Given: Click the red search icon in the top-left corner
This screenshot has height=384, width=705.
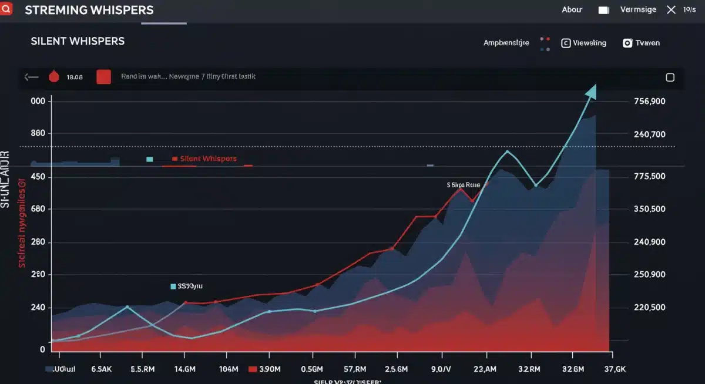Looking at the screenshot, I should [6, 8].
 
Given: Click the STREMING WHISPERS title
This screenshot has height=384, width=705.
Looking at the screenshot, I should [89, 11].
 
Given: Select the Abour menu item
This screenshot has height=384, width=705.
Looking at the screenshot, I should [572, 10].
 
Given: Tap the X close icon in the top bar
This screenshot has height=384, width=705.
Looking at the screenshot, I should [672, 10].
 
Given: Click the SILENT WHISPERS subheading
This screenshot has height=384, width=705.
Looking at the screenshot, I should [78, 41].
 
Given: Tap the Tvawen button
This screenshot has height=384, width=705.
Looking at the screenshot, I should [641, 43].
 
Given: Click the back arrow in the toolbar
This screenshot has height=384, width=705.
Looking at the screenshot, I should [31, 77].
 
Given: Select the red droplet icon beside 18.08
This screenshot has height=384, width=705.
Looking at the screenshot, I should [54, 77].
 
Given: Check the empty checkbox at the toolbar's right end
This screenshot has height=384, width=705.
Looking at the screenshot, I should [670, 78].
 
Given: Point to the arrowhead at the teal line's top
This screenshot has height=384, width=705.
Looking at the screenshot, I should [591, 92].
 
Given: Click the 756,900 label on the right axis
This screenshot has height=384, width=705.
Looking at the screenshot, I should [650, 102].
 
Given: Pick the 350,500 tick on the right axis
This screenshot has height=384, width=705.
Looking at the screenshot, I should [650, 210].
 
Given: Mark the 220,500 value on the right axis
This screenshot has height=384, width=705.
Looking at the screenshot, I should [650, 308].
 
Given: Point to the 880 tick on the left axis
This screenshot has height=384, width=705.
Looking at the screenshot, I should [38, 133].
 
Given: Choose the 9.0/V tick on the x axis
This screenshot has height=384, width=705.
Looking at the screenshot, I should [441, 369].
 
